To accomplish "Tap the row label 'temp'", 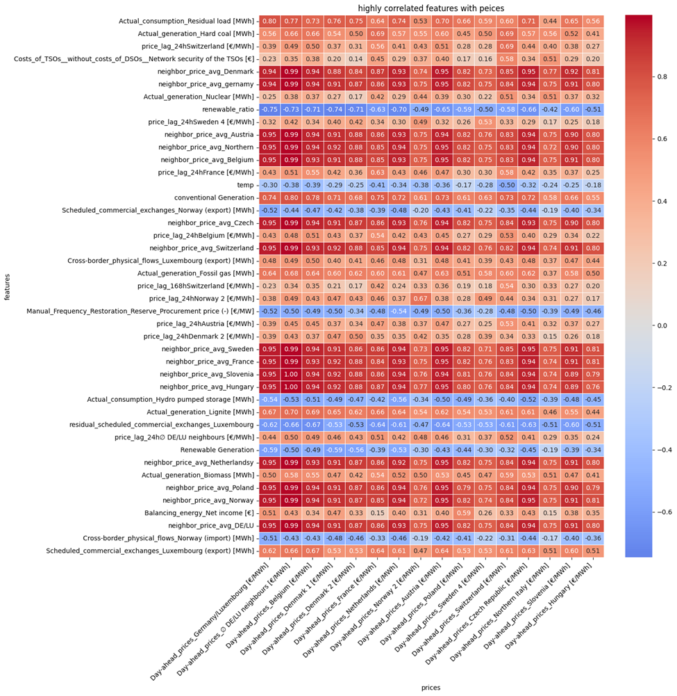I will [245, 184].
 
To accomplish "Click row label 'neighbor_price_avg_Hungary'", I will [206, 386].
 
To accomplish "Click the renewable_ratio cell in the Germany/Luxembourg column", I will [269, 109].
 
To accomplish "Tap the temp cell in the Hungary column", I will [592, 184].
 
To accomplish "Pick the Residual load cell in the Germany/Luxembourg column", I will [269, 21].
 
